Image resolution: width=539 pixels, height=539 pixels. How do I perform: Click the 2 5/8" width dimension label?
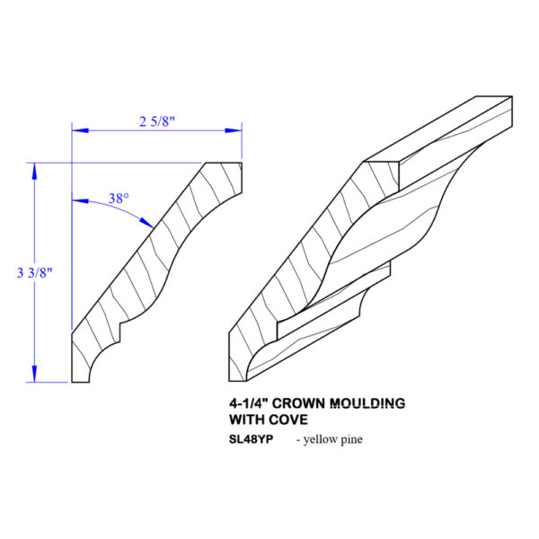click(x=157, y=121)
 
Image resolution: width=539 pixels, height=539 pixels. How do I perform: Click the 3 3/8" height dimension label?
click(x=34, y=273)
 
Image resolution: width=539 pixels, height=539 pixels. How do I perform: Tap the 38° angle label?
click(x=119, y=199)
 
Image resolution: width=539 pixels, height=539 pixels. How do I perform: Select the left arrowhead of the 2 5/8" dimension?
click(x=80, y=130)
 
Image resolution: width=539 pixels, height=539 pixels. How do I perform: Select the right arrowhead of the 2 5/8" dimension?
click(x=234, y=130)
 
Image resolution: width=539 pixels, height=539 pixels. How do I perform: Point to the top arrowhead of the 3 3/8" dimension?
click(x=34, y=171)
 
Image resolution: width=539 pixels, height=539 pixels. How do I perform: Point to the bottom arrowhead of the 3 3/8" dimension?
click(x=34, y=374)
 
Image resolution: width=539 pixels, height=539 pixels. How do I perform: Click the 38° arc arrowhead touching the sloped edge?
click(x=146, y=223)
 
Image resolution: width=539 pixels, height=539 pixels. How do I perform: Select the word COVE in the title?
click(x=288, y=420)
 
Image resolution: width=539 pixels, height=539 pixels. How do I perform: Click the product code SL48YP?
click(x=251, y=439)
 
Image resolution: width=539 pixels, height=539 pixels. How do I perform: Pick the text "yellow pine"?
click(x=332, y=439)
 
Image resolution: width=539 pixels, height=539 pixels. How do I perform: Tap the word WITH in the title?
click(x=246, y=420)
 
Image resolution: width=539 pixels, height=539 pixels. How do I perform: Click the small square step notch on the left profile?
click(x=119, y=332)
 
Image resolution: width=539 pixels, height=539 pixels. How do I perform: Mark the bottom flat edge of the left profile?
click(x=81, y=382)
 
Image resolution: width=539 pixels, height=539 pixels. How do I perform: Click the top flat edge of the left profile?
click(x=224, y=163)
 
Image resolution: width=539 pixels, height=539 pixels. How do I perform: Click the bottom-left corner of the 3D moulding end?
click(x=229, y=381)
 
